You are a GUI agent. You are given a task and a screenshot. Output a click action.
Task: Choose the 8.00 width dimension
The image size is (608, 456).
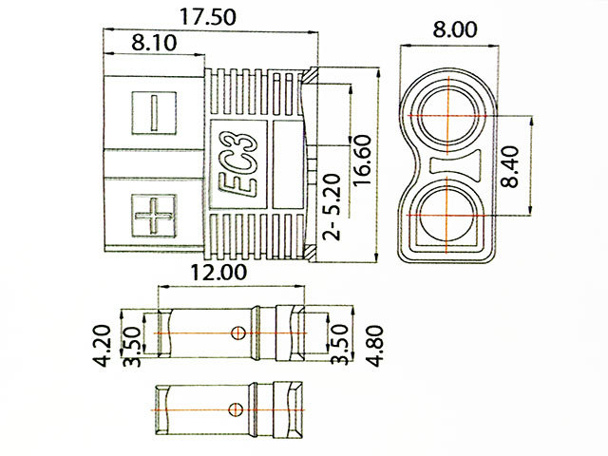(448, 29)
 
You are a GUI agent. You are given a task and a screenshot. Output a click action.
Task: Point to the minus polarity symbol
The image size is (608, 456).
(155, 111)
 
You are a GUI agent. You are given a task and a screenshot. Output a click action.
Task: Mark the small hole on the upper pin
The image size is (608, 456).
(238, 332)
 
